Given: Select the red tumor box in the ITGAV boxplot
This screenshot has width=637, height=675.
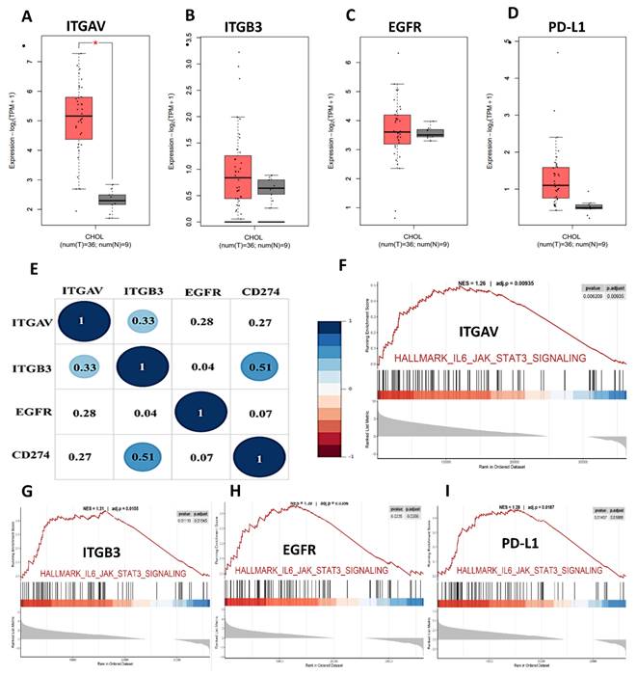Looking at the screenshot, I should click(x=78, y=118).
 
